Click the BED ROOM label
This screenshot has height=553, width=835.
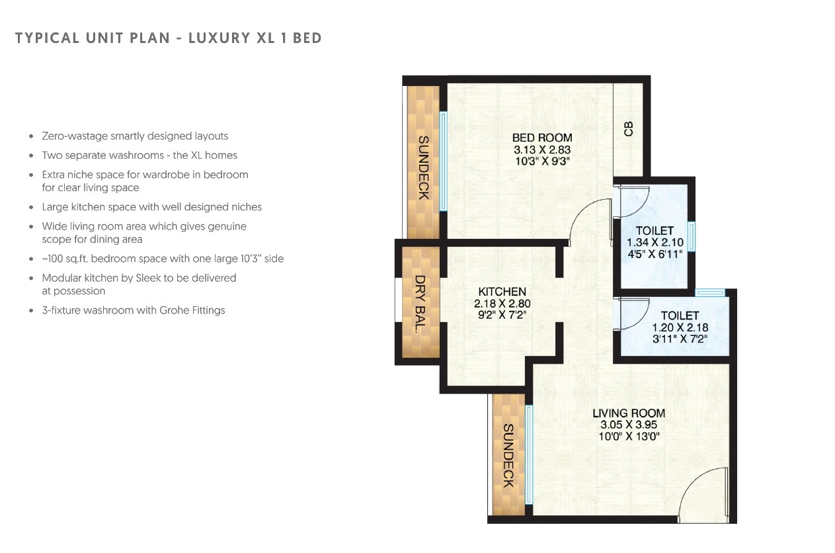541,138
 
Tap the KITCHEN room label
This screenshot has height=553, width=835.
502,292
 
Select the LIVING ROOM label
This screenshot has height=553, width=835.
628,413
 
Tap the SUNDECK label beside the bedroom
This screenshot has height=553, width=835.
423,167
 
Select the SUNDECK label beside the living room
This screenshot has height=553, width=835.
508,455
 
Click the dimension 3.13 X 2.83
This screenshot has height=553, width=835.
541,149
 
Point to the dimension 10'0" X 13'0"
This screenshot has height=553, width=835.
628,437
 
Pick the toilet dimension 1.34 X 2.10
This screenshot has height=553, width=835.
655,242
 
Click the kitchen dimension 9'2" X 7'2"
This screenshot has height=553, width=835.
502,316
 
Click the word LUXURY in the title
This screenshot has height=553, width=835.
218,38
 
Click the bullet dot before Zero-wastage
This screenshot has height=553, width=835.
32,136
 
